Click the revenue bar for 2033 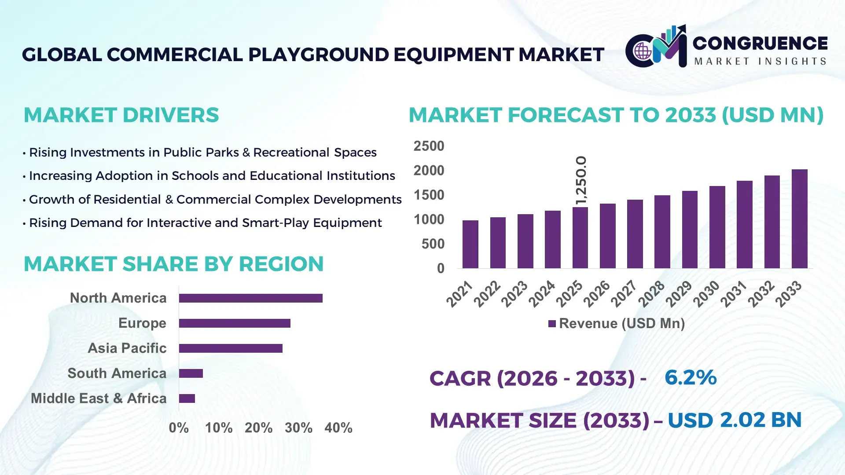(799, 219)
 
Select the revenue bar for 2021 (470, 245)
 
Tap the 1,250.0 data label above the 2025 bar (581, 180)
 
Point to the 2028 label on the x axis (652, 293)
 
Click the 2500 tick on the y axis (429, 146)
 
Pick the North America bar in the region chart (250, 298)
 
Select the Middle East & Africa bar (187, 398)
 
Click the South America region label (117, 373)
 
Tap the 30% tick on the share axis (298, 428)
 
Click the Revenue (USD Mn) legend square (552, 324)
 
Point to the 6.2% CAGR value (690, 378)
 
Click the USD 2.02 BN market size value (734, 420)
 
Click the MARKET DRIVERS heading (121, 115)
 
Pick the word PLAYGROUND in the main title (318, 55)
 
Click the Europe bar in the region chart (234, 323)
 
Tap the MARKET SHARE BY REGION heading (173, 264)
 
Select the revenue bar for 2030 (717, 227)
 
